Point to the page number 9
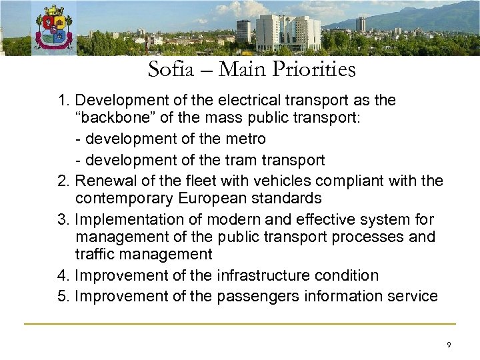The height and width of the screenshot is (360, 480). point(449,345)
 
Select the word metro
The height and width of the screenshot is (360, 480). point(245,139)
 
